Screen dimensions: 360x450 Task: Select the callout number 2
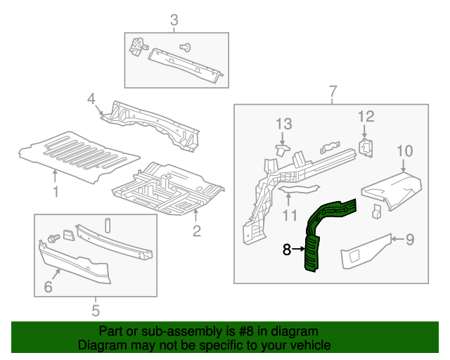pyautogui.click(x=197, y=230)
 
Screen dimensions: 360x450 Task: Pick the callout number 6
pyautogui.click(x=49, y=286)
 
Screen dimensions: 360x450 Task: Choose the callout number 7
pyautogui.click(x=333, y=91)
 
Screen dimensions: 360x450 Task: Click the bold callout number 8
pyautogui.click(x=286, y=249)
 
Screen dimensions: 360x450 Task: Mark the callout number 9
pyautogui.click(x=409, y=239)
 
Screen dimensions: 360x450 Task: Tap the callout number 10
pyautogui.click(x=404, y=150)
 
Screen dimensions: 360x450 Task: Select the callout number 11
pyautogui.click(x=289, y=214)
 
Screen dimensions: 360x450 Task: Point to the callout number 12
pyautogui.click(x=366, y=117)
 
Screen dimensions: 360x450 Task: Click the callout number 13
pyautogui.click(x=283, y=124)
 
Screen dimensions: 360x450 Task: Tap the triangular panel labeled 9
pyautogui.click(x=366, y=251)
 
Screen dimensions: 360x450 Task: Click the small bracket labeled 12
pyautogui.click(x=366, y=146)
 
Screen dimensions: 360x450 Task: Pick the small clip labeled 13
pyautogui.click(x=282, y=148)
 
